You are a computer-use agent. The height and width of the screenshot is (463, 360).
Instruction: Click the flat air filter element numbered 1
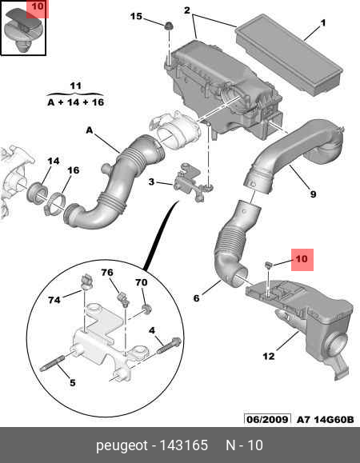290,54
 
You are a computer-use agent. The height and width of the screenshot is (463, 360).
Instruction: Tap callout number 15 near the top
136,16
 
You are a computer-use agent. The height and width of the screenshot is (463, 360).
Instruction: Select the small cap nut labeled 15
169,26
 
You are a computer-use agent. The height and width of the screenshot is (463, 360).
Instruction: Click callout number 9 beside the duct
313,194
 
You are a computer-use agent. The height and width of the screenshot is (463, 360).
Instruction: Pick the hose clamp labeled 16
55,203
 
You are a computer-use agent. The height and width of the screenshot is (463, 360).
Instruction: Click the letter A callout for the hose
89,130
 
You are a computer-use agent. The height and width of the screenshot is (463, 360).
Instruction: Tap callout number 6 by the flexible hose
196,298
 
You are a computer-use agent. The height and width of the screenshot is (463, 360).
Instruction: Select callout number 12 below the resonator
269,356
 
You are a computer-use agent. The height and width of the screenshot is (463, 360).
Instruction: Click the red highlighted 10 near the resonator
302,259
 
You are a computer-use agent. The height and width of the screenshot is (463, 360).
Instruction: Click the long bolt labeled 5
52,362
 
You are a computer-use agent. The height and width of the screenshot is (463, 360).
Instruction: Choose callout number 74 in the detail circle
54,300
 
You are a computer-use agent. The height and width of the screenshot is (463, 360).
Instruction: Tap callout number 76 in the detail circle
107,272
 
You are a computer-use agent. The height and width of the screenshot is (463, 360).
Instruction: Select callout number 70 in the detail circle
142,282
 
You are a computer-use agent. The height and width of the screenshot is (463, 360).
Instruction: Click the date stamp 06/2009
267,419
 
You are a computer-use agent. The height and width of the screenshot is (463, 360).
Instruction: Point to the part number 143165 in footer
183,445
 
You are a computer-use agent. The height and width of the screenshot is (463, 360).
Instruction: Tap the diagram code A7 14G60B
325,419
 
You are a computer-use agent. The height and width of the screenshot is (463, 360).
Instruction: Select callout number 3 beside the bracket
151,182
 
